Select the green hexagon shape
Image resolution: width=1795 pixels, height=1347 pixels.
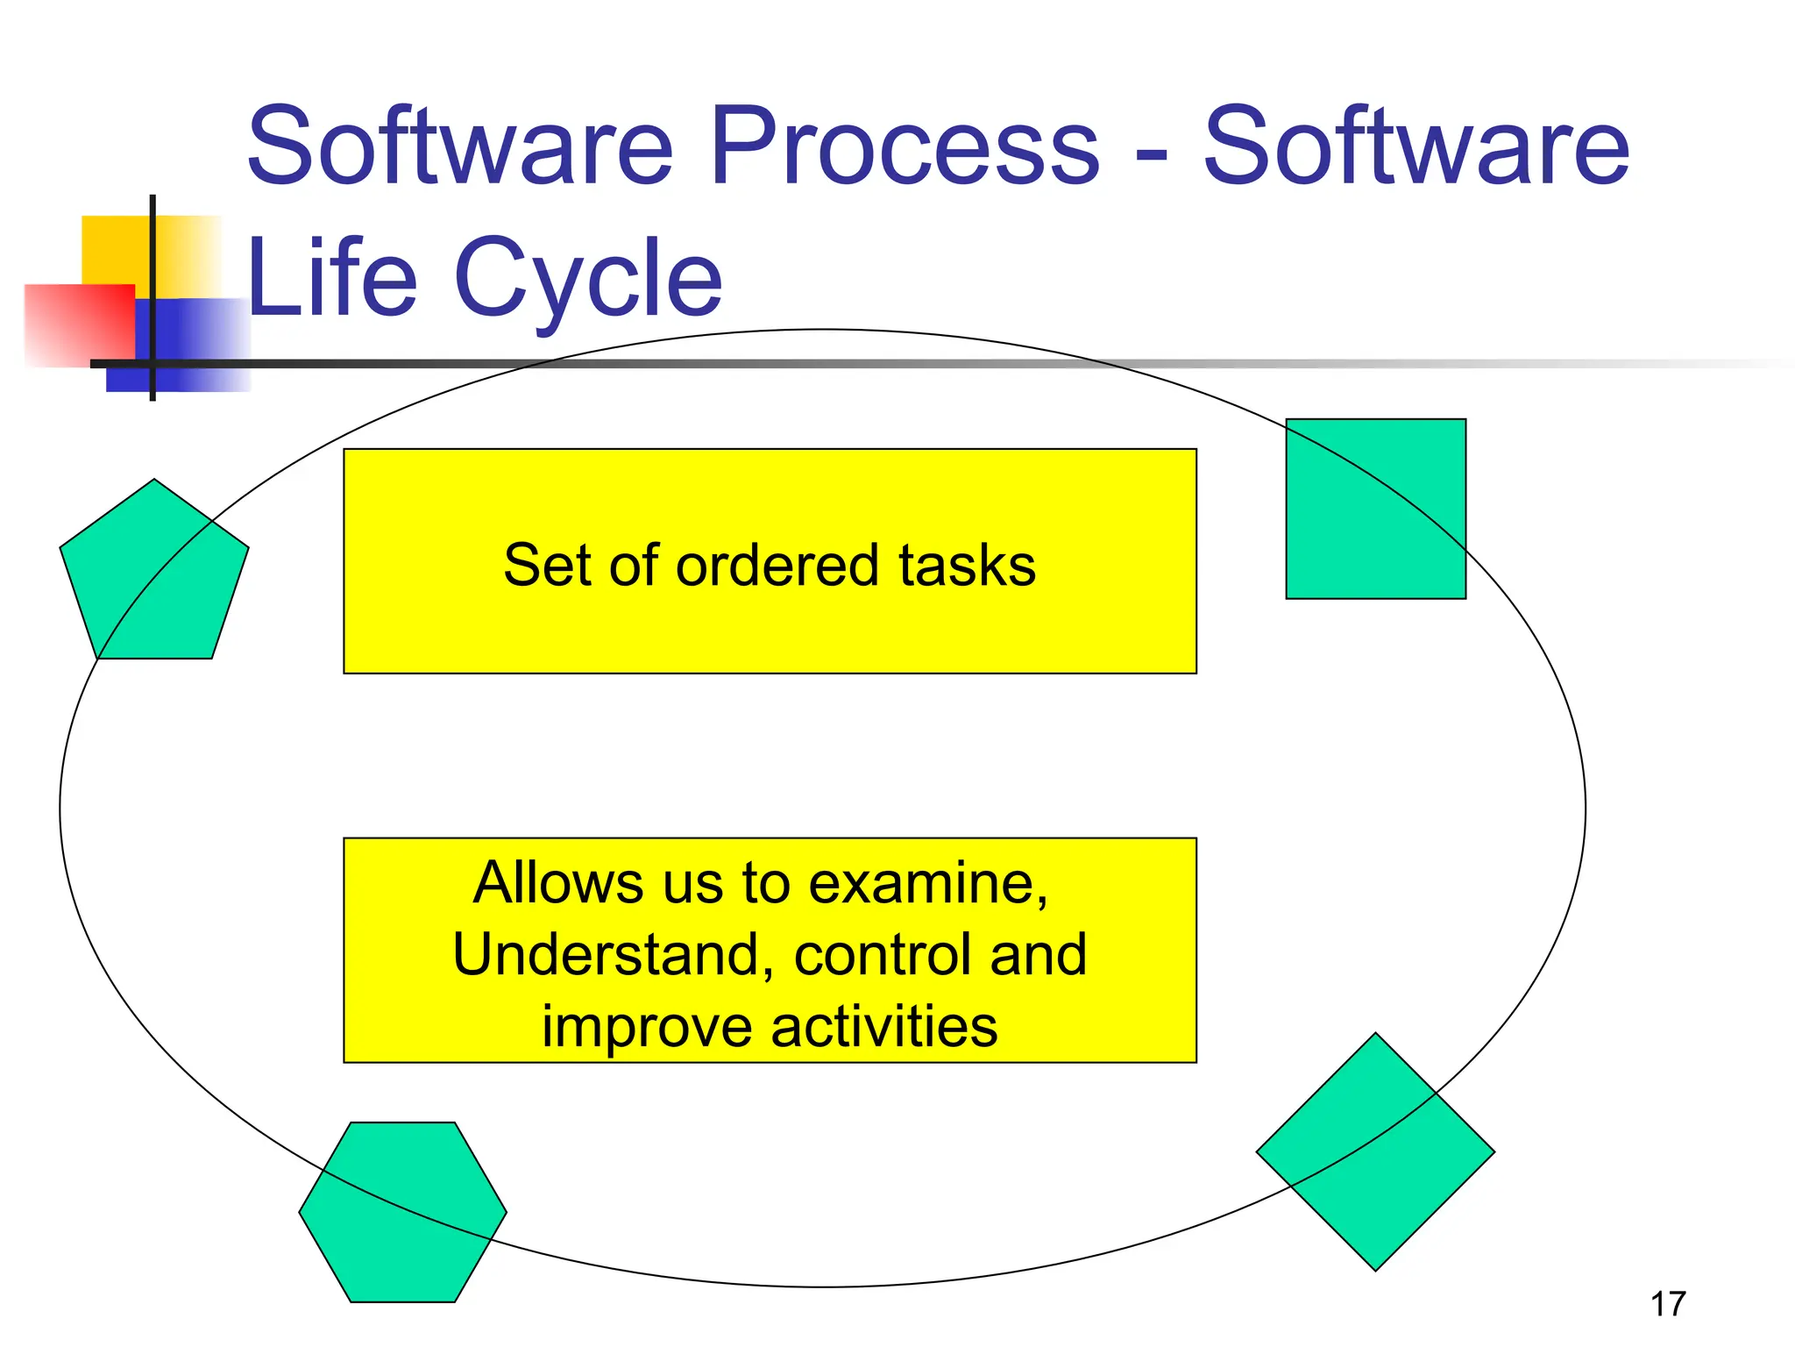[402, 1212]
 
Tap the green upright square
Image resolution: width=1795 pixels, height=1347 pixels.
[1375, 509]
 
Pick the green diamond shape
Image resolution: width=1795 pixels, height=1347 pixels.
[1375, 1151]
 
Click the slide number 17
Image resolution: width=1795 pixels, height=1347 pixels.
[1667, 1304]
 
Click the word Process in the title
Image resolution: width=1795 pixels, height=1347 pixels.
[905, 146]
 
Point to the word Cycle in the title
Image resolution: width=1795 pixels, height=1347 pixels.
[588, 279]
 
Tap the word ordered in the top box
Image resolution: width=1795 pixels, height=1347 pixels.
[777, 565]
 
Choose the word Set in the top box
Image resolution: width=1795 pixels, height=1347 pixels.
[545, 565]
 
